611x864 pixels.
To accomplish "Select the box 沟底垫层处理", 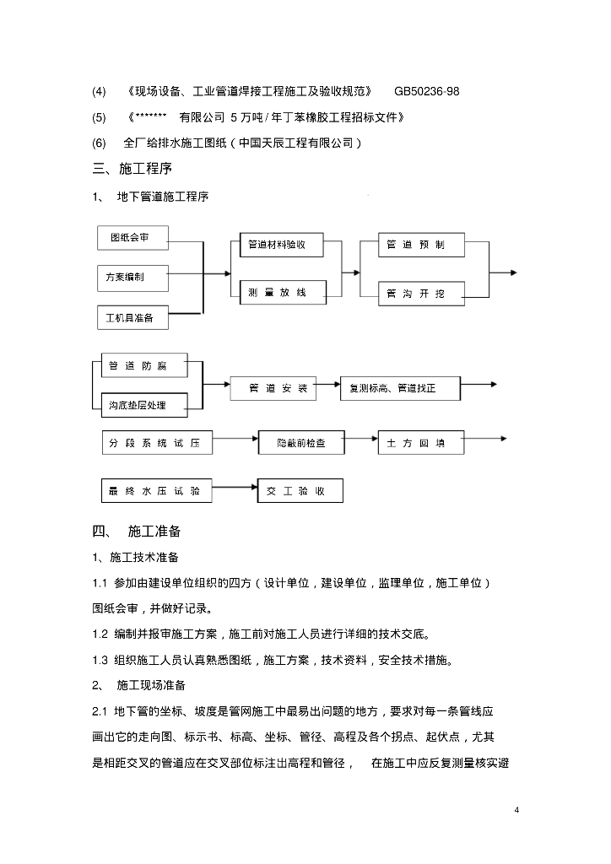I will (x=138, y=405).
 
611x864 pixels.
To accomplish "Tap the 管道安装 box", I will (x=272, y=389).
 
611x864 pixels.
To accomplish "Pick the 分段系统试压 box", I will (x=155, y=441).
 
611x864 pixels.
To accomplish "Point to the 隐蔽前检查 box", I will (x=300, y=441).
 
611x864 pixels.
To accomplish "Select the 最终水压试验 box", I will (x=155, y=490).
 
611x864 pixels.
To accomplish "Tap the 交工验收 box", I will (x=300, y=490).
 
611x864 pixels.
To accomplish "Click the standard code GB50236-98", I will (x=427, y=91).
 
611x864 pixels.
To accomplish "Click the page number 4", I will (x=516, y=810).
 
